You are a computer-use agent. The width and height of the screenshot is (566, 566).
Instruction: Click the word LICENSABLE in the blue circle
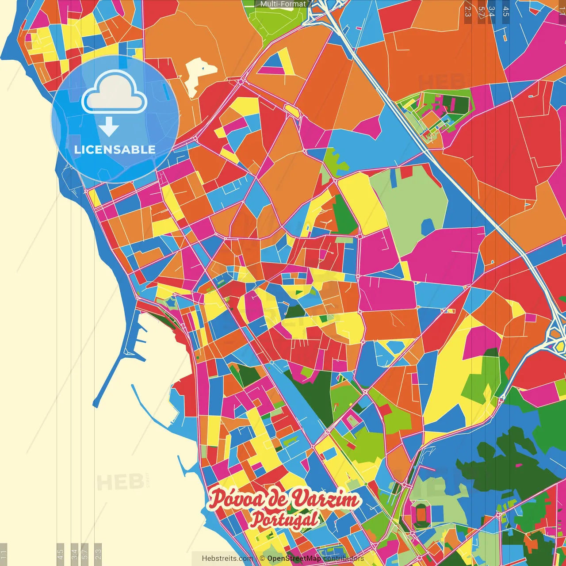click(x=115, y=149)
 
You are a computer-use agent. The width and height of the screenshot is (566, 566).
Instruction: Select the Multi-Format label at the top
click(x=283, y=4)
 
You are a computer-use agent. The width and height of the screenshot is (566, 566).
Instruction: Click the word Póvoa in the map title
click(x=237, y=499)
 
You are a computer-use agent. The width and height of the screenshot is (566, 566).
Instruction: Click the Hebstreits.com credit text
click(x=227, y=558)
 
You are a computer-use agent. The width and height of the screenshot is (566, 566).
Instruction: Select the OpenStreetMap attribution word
click(x=294, y=558)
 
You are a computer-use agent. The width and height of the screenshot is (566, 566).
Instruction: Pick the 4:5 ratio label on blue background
click(x=506, y=11)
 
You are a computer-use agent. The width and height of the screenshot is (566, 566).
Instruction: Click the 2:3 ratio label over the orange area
click(x=468, y=11)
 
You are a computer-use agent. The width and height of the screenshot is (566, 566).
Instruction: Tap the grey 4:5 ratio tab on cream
click(x=61, y=553)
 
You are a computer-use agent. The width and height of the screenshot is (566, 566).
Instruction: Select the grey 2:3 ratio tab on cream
click(x=98, y=553)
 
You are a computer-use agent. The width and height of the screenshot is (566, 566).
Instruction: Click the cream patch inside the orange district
click(x=199, y=75)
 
